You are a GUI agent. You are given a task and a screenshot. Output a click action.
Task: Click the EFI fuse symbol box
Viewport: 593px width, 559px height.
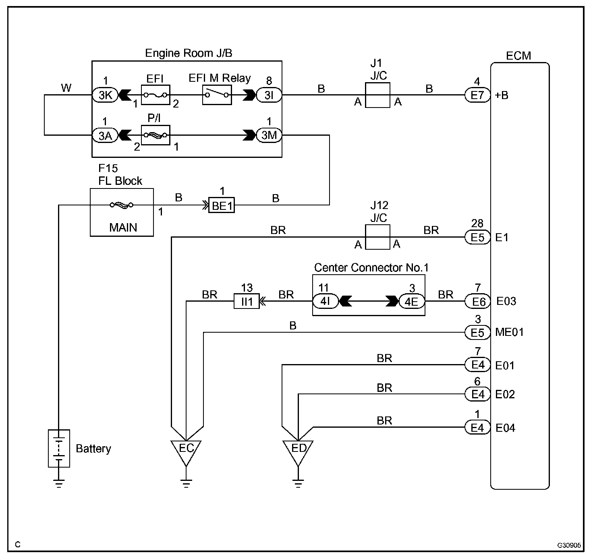[155, 95]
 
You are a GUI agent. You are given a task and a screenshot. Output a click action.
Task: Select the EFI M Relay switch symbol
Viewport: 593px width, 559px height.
[217, 95]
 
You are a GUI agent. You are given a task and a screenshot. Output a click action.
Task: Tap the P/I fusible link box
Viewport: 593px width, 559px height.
[155, 135]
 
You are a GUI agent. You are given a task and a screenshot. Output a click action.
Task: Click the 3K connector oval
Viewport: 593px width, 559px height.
[105, 95]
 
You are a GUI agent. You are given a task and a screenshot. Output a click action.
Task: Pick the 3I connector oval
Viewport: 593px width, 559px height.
[269, 95]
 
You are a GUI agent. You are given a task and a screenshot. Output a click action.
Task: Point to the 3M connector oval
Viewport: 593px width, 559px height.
[269, 135]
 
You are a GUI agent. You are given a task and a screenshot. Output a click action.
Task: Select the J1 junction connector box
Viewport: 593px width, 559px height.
[377, 95]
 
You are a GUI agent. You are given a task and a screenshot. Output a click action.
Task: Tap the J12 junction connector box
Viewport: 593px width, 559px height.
[377, 237]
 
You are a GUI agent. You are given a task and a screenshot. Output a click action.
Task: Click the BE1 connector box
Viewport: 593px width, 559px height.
[222, 205]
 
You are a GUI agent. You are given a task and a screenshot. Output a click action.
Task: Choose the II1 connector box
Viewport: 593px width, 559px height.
[247, 301]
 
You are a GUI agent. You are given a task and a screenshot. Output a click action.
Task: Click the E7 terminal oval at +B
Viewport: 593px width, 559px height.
[477, 95]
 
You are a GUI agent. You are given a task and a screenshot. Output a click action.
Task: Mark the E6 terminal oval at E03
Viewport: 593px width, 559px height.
[477, 301]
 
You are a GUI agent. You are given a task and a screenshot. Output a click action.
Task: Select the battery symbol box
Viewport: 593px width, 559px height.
[59, 449]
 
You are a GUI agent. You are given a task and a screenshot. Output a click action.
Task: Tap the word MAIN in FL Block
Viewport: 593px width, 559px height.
[123, 228]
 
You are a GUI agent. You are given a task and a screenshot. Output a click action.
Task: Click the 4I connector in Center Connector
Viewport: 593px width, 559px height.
[326, 301]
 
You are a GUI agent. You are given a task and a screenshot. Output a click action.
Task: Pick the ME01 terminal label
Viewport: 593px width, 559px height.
[509, 332]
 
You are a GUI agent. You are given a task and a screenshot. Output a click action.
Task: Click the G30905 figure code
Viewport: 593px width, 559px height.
[569, 545]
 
